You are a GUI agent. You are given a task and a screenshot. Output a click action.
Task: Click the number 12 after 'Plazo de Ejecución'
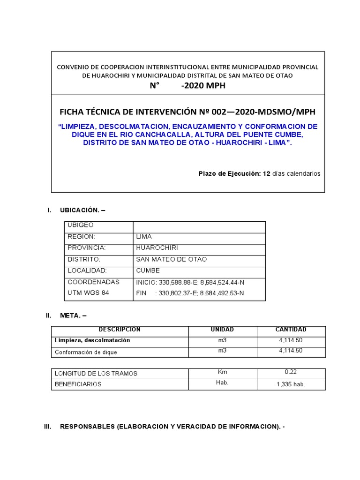point(267,173)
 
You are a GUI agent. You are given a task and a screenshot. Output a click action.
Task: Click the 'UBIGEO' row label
point(81,225)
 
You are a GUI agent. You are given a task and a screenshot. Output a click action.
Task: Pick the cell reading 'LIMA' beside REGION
point(144,237)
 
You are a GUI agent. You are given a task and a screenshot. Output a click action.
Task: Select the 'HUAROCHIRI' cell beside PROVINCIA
point(157,247)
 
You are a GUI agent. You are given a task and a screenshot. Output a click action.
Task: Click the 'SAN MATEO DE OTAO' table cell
point(171,259)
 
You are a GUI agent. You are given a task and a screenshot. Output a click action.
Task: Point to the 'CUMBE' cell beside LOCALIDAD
point(148,270)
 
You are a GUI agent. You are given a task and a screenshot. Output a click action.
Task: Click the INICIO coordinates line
point(190,282)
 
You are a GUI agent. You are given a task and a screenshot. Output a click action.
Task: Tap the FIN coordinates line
point(190,293)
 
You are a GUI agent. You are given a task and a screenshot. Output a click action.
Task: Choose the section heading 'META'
point(73,315)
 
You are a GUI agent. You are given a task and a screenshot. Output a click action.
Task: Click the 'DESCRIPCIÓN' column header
point(120,330)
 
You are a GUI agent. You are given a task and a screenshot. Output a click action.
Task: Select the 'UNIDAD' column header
point(222,330)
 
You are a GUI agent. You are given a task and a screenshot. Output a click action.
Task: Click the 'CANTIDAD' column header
point(291,330)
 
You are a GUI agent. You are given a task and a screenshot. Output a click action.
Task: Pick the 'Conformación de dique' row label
point(86,352)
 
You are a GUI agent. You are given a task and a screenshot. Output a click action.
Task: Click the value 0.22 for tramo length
point(291,372)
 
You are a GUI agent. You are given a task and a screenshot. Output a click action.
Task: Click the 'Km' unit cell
point(222,372)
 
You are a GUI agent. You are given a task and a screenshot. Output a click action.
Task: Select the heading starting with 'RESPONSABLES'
point(172,427)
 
